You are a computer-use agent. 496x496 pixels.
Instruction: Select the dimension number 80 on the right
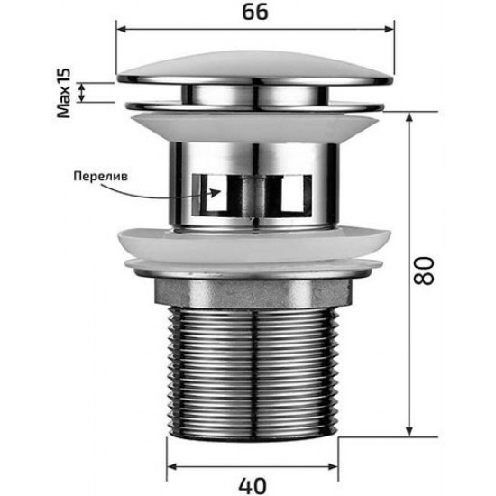[x=425, y=268]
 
